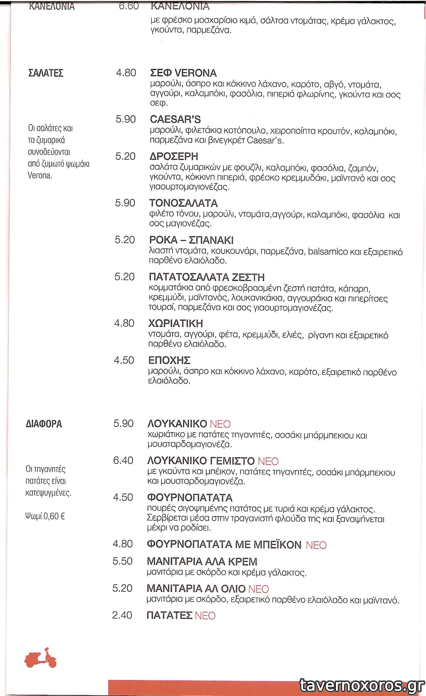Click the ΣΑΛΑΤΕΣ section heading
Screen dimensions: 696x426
(x=46, y=73)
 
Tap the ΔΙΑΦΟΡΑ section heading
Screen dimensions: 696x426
(x=44, y=424)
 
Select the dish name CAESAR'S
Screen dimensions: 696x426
(x=175, y=119)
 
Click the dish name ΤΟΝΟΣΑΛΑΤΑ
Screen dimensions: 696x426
(x=183, y=203)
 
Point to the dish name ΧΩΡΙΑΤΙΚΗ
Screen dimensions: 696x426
(x=176, y=324)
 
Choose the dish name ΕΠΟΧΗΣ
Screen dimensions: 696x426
(x=169, y=361)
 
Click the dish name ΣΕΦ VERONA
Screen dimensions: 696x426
(x=183, y=73)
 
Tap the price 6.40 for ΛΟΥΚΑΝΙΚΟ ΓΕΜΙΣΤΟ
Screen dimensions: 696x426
(x=123, y=461)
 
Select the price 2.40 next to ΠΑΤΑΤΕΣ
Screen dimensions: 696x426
(x=122, y=615)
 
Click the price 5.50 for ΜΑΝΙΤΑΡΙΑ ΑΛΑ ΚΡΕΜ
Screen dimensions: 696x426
(x=122, y=561)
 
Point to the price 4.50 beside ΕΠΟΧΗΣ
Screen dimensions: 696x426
(x=124, y=361)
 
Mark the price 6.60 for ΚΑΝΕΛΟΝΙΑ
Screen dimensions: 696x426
(x=129, y=6)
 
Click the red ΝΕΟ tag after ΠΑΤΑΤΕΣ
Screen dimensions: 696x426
(x=205, y=616)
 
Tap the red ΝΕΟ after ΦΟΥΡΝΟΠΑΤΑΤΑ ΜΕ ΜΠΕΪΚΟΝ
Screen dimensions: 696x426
(x=316, y=545)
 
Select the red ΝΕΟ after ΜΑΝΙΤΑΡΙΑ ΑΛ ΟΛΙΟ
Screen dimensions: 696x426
(x=258, y=589)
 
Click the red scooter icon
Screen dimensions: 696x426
(x=40, y=658)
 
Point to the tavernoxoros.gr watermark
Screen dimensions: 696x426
(x=362, y=686)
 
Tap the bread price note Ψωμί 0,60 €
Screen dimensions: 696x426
(x=45, y=516)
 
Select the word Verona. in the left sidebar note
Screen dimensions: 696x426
(x=40, y=176)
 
